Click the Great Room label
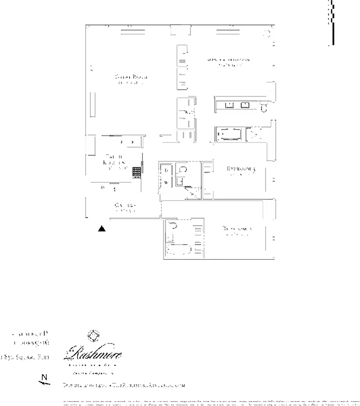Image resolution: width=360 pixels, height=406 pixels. tap(130, 77)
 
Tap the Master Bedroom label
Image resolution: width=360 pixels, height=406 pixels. tap(228, 60)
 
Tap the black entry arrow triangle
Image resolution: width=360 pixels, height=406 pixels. tap(102, 228)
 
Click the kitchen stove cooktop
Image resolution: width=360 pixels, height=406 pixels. tap(137, 173)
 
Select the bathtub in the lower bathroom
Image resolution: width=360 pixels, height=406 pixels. tap(179, 249)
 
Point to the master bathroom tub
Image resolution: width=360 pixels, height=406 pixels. tap(230, 134)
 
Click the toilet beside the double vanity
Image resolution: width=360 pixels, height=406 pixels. tap(264, 107)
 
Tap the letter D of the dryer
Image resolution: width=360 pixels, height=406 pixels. tap(166, 171)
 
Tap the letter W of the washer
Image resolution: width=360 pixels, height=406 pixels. tap(166, 182)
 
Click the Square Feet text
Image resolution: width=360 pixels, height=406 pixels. tap(24, 357)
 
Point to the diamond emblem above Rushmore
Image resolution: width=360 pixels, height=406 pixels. tap(92, 335)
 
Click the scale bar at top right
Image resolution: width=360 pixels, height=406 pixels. tap(332, 23)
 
